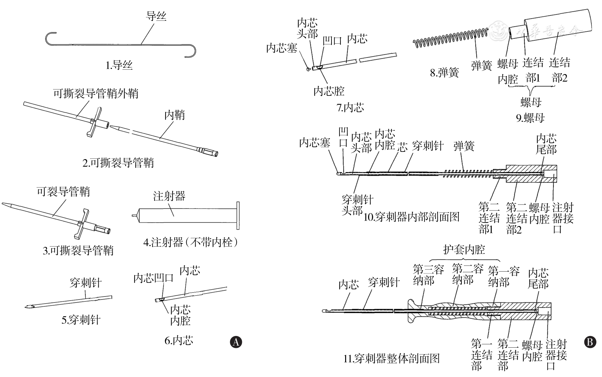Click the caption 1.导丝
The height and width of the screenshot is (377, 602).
pyautogui.click(x=119, y=65)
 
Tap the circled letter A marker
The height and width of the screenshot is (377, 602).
pyautogui.click(x=236, y=342)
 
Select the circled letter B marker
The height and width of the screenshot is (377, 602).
pyautogui.click(x=590, y=342)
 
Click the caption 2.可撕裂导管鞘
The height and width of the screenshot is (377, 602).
pyautogui.click(x=118, y=163)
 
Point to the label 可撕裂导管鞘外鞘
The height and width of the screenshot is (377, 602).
pyautogui.click(x=96, y=94)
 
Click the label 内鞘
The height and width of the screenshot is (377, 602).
pyautogui.click(x=174, y=115)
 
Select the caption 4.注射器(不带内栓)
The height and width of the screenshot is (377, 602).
pyautogui.click(x=191, y=242)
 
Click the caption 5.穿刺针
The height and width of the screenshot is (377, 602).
pyautogui.click(x=81, y=320)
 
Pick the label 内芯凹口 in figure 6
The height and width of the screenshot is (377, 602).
pyautogui.click(x=154, y=278)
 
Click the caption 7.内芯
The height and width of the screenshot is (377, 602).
pyautogui.click(x=350, y=108)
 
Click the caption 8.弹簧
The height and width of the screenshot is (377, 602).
pyautogui.click(x=444, y=73)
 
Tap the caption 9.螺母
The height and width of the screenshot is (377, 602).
pyautogui.click(x=530, y=118)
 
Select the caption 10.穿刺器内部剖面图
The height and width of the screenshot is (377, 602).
pyautogui.click(x=411, y=217)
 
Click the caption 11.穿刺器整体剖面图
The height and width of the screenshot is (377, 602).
pyautogui.click(x=391, y=359)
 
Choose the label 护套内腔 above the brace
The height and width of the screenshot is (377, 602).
pyautogui.click(x=464, y=249)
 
